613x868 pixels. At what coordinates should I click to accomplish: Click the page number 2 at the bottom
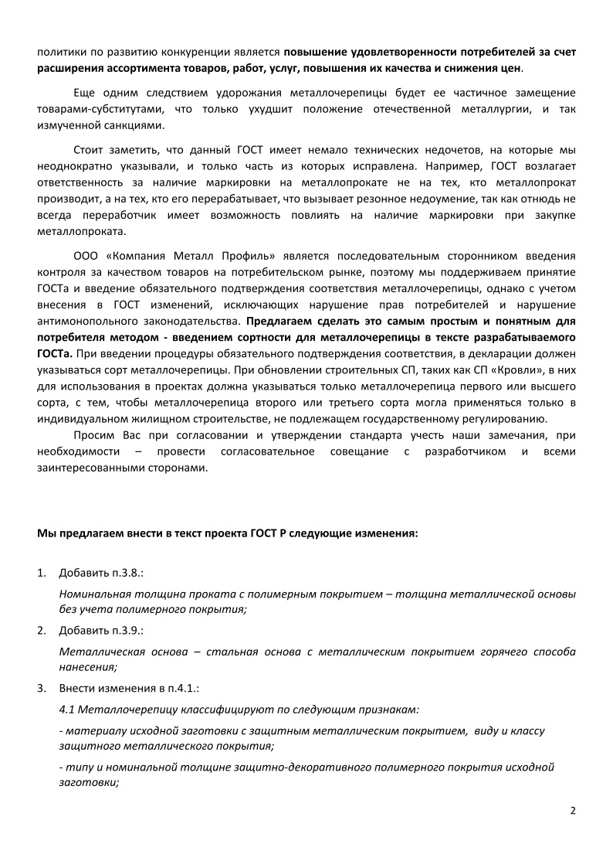click(573, 811)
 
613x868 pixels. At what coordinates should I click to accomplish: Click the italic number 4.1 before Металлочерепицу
click(67, 709)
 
